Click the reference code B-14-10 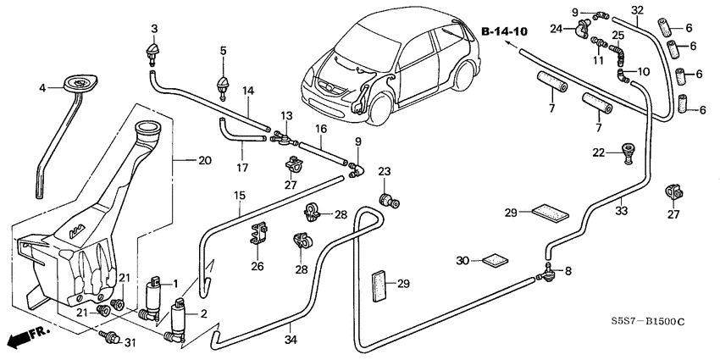point(504,31)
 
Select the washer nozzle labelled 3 point(154,58)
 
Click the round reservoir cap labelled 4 point(82,83)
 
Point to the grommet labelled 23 point(391,201)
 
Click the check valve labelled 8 point(552,273)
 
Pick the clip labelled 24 point(581,30)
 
